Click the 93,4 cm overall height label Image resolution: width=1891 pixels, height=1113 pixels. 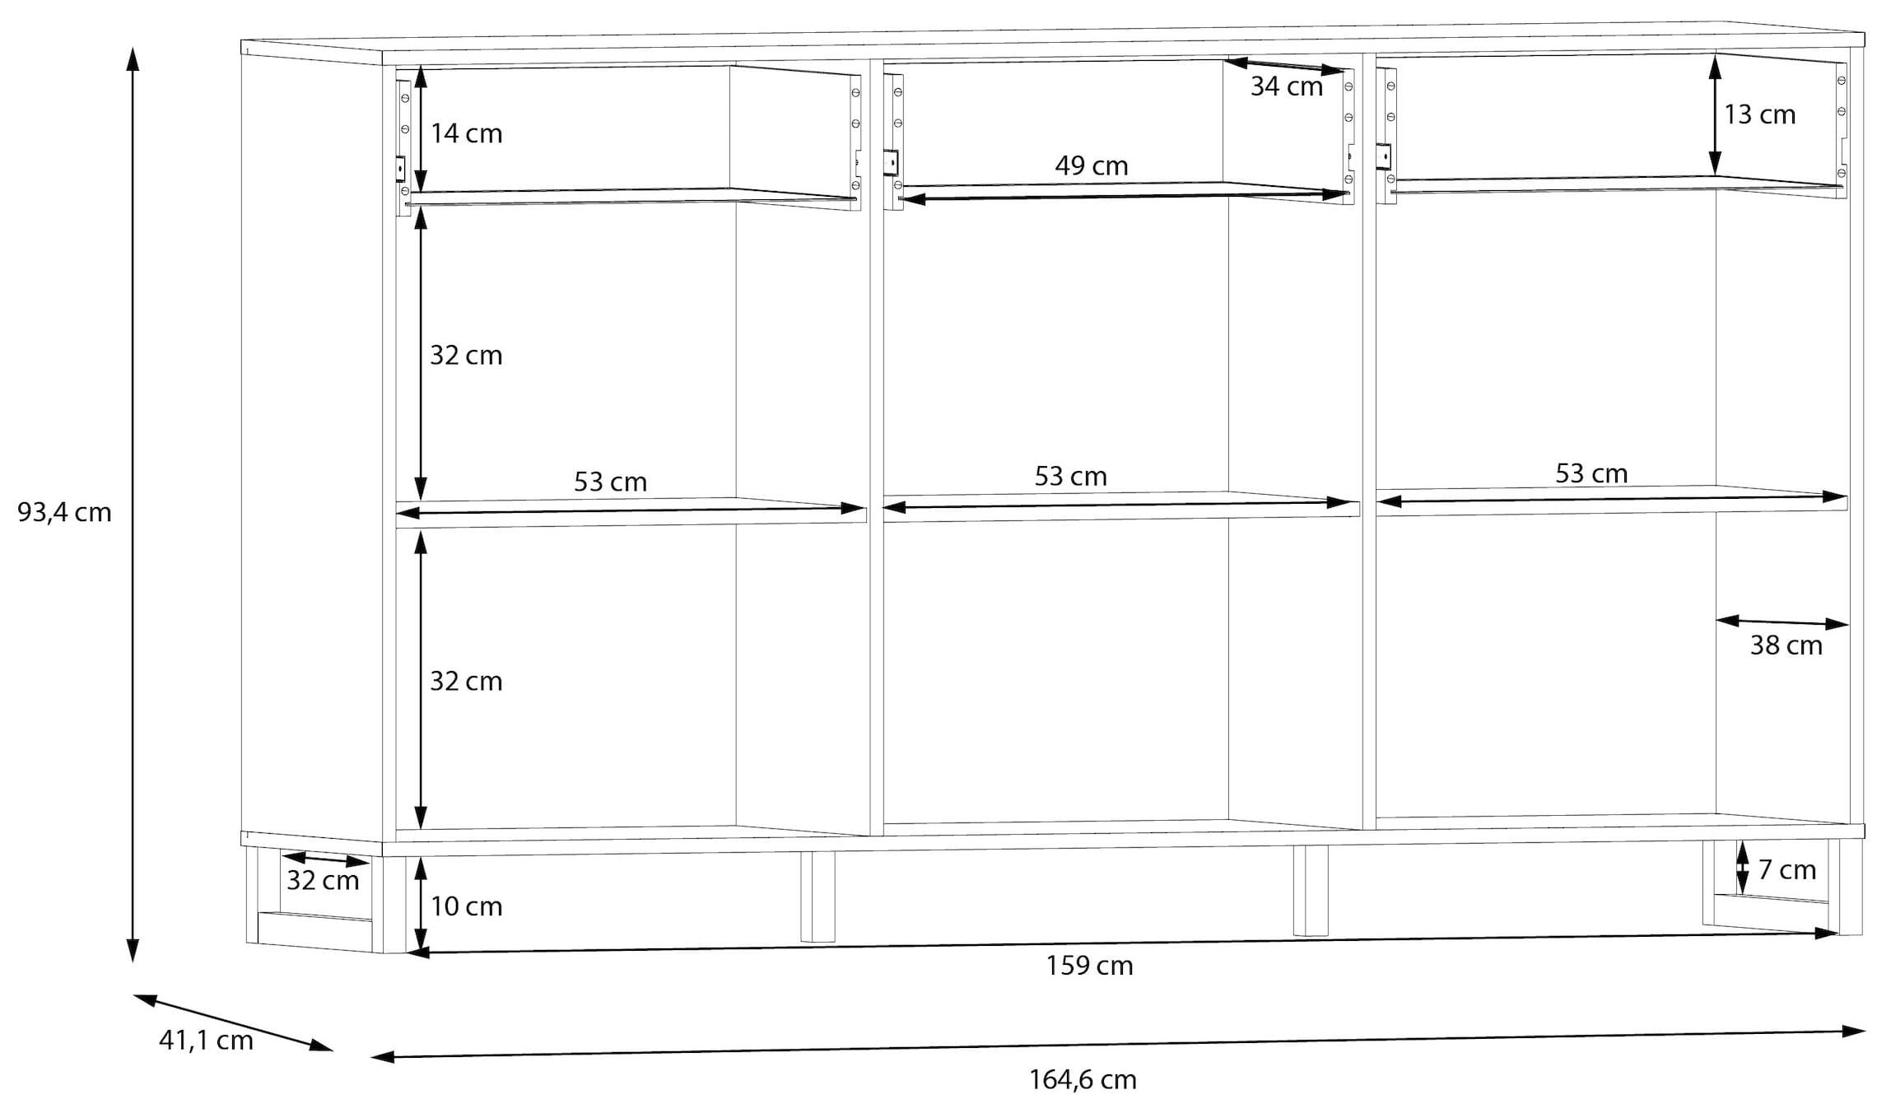point(64,513)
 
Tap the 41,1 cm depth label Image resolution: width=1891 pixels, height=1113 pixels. point(206,1041)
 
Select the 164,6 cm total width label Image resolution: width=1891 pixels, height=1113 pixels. point(1083,1080)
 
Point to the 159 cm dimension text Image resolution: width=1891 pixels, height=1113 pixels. point(1089,966)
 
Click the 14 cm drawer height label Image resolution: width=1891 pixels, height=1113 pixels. point(466,133)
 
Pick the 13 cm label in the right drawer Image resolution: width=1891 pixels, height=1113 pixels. point(1760,114)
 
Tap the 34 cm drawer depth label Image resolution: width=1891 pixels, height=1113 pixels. point(1287,86)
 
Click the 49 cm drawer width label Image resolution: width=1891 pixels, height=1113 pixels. point(1092,166)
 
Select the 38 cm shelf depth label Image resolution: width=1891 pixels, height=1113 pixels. point(1786,645)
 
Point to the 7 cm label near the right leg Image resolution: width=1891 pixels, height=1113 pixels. point(1787,870)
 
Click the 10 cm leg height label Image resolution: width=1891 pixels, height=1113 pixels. point(466,906)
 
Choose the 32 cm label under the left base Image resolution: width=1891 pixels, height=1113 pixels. point(323,881)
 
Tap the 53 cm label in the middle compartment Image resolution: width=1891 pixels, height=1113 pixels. point(1071,477)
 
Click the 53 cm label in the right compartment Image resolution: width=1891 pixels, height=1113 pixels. point(1591,474)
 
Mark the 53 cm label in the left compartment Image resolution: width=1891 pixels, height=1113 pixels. point(610,482)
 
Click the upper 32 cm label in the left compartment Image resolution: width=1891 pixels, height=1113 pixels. point(466,356)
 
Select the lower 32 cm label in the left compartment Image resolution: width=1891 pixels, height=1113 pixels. point(466,682)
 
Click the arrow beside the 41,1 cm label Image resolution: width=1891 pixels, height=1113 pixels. point(233,1022)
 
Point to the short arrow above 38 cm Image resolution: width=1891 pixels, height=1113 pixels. point(1782,622)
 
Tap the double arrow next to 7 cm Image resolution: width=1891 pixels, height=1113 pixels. point(1743,867)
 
